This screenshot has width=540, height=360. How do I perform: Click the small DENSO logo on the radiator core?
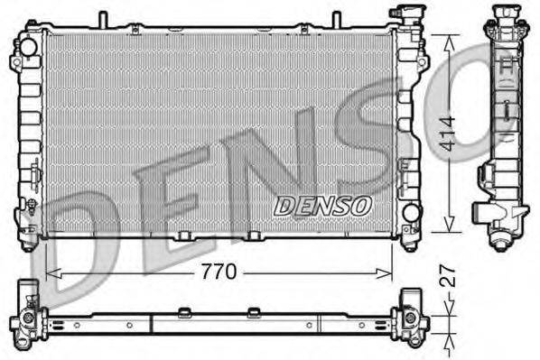322,206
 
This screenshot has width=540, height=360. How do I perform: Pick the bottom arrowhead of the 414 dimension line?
445,228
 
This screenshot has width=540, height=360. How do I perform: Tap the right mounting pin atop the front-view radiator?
336,18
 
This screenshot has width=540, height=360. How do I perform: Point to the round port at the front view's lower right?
411,213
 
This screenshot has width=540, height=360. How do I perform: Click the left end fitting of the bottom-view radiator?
26,316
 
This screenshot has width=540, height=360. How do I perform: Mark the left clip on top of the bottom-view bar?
185,312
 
